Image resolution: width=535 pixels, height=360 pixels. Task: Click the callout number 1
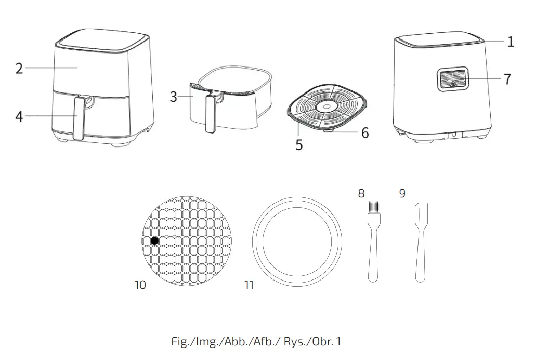[511, 42]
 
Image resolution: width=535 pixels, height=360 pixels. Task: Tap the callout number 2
[19, 68]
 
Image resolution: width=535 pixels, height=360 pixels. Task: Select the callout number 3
[174, 97]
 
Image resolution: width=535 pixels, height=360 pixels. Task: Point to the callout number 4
[19, 116]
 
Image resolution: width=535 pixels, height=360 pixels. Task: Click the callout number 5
[299, 145]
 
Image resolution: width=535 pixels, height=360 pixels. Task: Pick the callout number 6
[365, 134]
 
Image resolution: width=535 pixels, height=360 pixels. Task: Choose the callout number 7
[507, 79]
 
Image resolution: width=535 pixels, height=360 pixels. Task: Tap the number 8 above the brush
[361, 193]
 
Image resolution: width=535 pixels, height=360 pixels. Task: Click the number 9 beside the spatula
[402, 193]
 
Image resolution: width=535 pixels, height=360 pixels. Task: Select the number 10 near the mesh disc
[140, 285]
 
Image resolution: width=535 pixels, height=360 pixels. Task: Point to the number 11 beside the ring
[249, 285]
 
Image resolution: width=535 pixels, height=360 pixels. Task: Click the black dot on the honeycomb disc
[154, 241]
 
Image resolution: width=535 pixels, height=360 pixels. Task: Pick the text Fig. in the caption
[180, 342]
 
